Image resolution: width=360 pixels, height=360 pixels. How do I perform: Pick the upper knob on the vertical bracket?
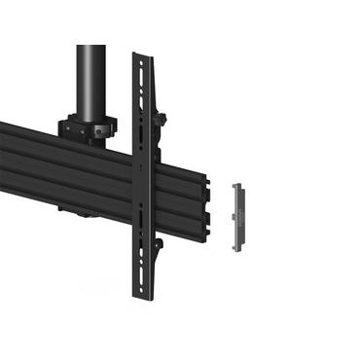click(x=163, y=121)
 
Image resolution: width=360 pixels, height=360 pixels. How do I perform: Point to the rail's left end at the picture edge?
click(x=3, y=146)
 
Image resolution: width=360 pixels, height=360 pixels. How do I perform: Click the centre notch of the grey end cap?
click(x=240, y=216)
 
